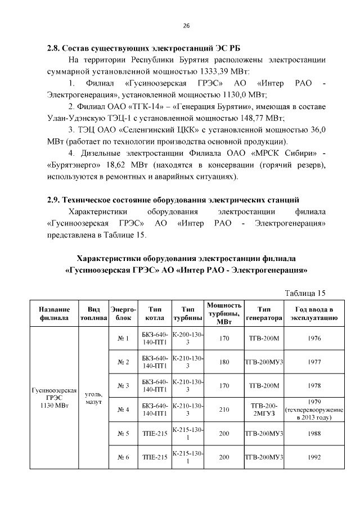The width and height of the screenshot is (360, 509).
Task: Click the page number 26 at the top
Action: coord(186,26)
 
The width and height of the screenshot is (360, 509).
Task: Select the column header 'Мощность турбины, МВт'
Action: coord(224,313)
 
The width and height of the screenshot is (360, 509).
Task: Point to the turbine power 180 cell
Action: coord(224,362)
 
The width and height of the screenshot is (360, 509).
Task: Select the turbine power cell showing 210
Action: coord(224,410)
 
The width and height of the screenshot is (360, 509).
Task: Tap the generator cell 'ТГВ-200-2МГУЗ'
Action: coord(263,410)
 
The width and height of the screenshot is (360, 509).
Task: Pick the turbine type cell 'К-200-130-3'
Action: coord(187,339)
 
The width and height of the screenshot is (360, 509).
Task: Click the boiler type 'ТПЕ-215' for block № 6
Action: coord(154,457)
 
